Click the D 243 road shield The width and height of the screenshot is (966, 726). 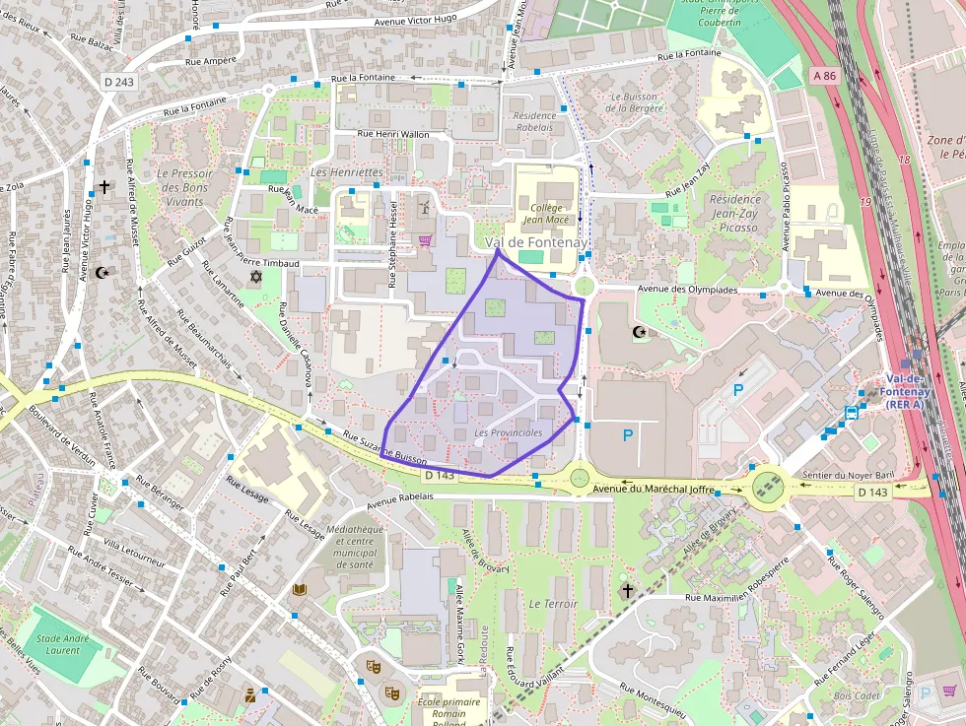pos(117,82)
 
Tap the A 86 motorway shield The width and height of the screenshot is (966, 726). pos(824,75)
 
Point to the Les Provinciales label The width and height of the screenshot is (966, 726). pos(508,433)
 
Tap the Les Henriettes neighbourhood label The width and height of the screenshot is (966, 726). pos(346,171)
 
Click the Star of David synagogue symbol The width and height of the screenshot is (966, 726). pos(257,279)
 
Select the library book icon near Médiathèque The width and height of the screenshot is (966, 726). pos(300,589)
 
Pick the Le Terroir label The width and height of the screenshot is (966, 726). pos(553,603)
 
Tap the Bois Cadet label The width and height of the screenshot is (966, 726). pos(856,696)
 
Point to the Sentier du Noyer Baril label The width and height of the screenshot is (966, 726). pos(848,474)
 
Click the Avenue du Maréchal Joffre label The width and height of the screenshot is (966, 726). pos(652,488)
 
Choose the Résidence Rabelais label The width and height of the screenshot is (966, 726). pos(534,121)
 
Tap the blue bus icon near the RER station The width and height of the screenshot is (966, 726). pos(850,412)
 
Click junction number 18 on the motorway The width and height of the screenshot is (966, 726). pos(904,158)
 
